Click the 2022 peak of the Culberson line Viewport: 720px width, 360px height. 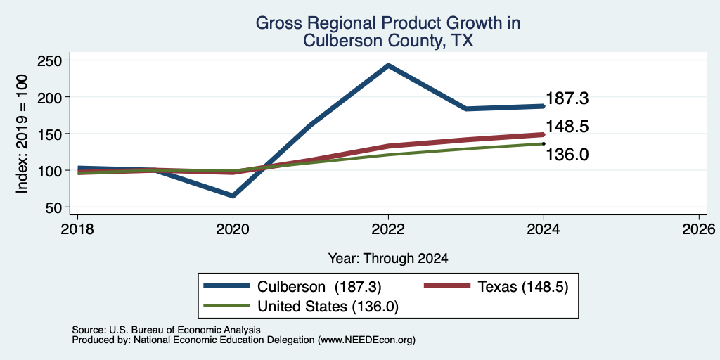click(388, 65)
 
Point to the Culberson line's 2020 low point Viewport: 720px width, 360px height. click(233, 195)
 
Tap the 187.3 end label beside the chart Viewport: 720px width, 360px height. click(567, 98)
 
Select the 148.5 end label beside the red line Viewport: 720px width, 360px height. click(567, 127)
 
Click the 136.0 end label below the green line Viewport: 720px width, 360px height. click(567, 155)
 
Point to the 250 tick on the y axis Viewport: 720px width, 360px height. click(51, 60)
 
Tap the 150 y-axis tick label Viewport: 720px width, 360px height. click(51, 134)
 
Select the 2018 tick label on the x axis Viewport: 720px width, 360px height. click(77, 229)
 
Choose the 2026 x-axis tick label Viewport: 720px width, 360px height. click(699, 229)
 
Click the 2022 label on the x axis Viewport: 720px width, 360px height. click(388, 229)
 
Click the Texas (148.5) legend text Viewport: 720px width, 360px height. click(523, 287)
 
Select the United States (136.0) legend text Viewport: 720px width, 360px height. click(328, 307)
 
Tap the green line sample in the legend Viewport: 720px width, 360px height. click(227, 306)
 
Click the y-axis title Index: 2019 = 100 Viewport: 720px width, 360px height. click(22, 134)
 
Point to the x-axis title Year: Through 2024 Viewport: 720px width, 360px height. click(388, 259)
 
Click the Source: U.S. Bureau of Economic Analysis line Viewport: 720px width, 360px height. click(166, 330)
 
